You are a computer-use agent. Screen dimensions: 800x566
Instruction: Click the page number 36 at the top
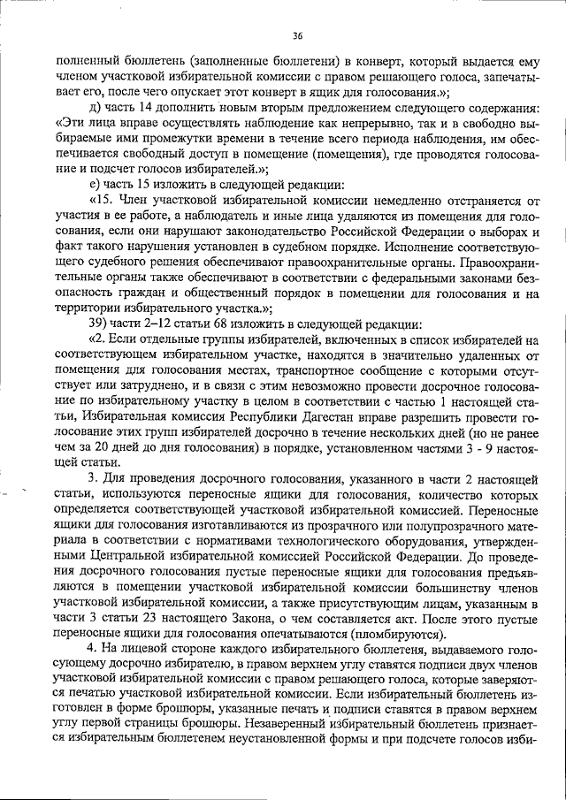pyautogui.click(x=297, y=35)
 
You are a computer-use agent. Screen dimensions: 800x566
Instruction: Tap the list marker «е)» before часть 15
pyautogui.click(x=95, y=185)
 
